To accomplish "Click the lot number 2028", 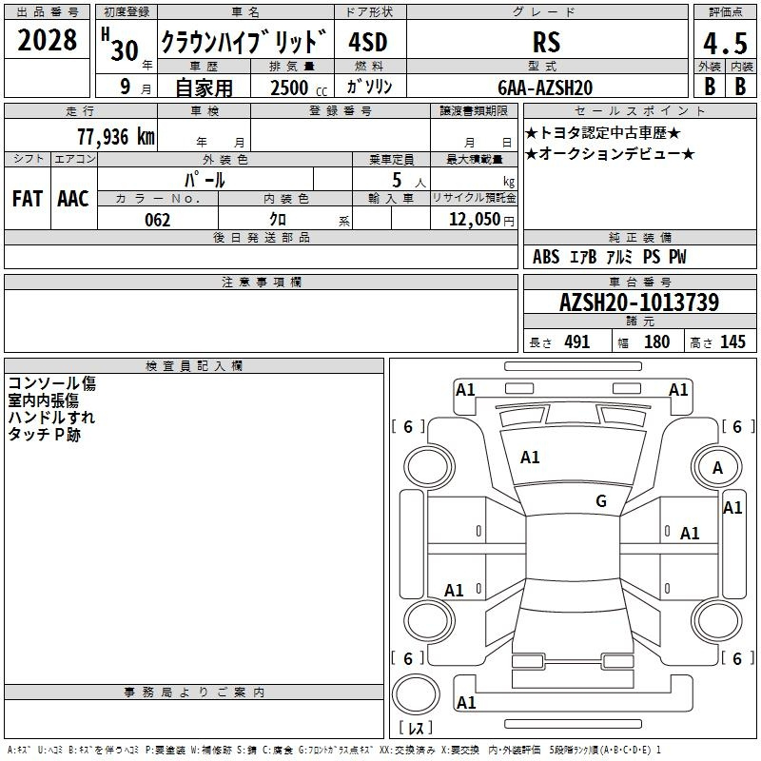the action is (48, 41).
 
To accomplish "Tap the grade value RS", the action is (546, 43).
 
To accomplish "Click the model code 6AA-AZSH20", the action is (546, 88).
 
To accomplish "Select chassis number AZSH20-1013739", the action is (638, 303).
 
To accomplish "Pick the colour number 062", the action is (157, 220).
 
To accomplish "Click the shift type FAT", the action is (28, 199).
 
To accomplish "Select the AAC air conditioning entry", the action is (73, 199).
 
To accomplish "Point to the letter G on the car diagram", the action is (601, 501).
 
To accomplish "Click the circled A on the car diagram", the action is (718, 467).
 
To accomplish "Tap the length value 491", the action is (576, 342).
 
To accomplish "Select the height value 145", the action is (732, 342).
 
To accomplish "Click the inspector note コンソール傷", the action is (51, 384).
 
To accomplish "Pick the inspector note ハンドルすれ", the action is (51, 418).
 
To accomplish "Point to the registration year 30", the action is (125, 50).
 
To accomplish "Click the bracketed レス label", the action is (416, 729).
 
